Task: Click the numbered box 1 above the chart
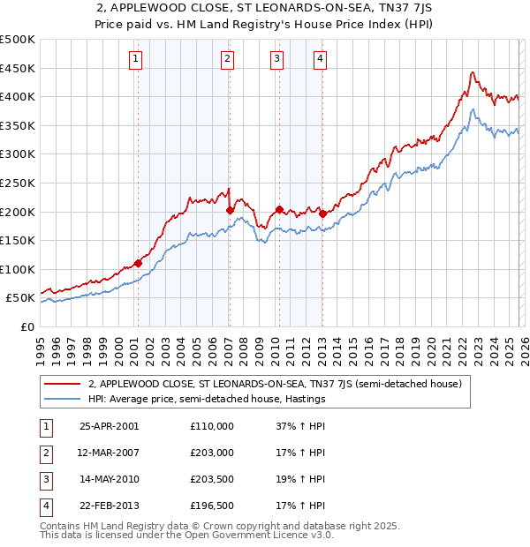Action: (x=136, y=59)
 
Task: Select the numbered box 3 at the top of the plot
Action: (x=276, y=59)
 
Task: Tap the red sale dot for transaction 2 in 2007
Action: (x=230, y=210)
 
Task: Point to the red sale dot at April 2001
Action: (x=139, y=263)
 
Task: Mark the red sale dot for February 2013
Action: (x=322, y=214)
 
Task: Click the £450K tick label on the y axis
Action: (x=18, y=68)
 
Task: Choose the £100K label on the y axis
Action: (x=18, y=269)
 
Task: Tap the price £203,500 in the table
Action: (x=212, y=480)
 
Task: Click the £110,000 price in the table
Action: (x=212, y=426)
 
